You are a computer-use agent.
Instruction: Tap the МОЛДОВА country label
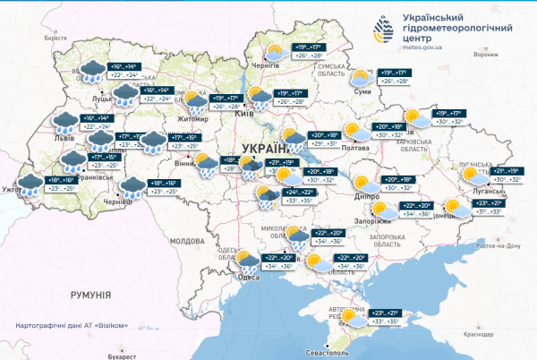[187, 242]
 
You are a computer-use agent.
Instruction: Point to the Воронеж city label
[485, 55]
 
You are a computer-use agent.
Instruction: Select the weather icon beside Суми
[361, 78]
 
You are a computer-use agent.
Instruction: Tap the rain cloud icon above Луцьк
[91, 70]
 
